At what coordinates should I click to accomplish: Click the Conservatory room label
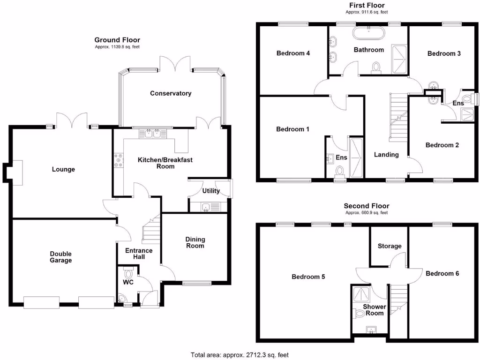(171, 93)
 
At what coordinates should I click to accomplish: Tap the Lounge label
(63, 169)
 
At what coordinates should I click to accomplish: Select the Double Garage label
(61, 257)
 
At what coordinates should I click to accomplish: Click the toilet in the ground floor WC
(128, 273)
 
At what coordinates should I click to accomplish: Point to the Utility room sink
(207, 206)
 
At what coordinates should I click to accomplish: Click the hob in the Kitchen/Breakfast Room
(117, 161)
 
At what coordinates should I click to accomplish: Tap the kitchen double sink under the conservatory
(153, 134)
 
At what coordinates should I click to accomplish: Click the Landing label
(386, 155)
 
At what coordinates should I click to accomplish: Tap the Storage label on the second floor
(390, 246)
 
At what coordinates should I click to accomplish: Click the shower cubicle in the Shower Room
(362, 294)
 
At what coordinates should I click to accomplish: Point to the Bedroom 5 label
(308, 277)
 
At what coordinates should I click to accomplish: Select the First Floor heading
(367, 5)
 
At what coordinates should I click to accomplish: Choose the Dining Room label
(195, 242)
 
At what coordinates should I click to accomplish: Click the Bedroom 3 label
(444, 53)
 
